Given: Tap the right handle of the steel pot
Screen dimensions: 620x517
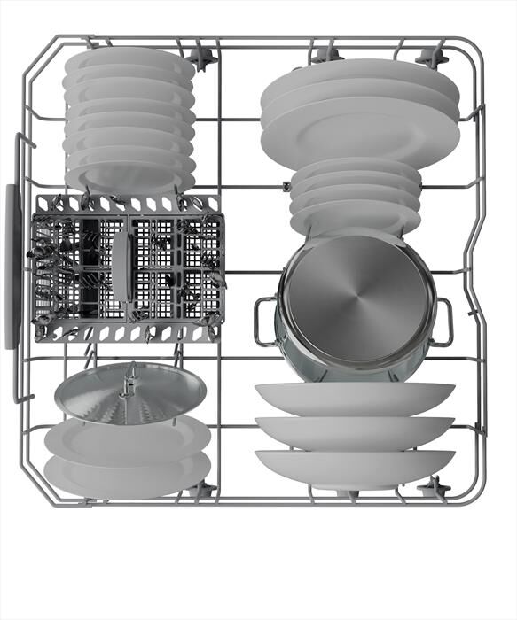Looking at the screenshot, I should [445, 321].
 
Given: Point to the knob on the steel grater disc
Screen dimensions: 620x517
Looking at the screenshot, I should [131, 376].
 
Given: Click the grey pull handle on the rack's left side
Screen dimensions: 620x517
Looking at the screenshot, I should [12, 266].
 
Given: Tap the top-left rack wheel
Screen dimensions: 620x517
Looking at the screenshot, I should [204, 58].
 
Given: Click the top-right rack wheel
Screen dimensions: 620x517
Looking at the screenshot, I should [432, 58].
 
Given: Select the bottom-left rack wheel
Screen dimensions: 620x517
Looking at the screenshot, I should [204, 488].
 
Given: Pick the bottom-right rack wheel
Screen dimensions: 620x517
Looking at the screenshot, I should [434, 487].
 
